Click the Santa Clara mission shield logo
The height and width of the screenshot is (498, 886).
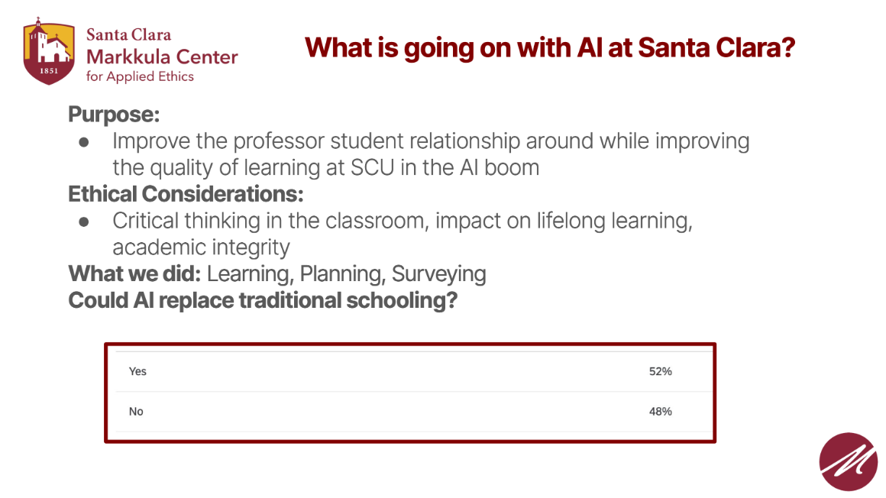[49, 52]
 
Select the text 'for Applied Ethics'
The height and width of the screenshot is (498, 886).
[140, 76]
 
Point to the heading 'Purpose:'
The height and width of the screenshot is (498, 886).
[114, 115]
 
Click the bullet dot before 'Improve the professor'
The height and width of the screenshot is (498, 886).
[84, 142]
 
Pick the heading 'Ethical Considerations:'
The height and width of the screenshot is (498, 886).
[186, 194]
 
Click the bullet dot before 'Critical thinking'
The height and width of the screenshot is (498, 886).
[84, 222]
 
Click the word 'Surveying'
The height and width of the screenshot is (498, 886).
[438, 273]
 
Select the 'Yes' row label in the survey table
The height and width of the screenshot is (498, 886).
[137, 372]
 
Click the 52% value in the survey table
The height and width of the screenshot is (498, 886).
[660, 372]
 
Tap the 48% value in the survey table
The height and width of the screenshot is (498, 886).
[660, 412]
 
